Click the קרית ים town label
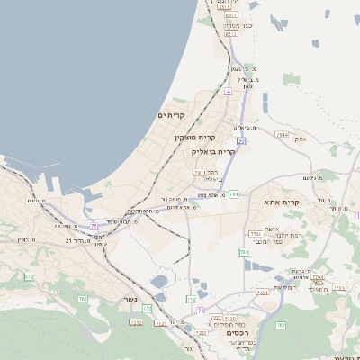pos(171,116)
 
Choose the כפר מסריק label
pos(237,26)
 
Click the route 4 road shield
pos(229,91)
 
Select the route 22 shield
pos(241,141)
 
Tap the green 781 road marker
pos(233,193)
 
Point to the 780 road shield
pos(243,253)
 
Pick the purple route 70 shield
pos(201,310)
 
